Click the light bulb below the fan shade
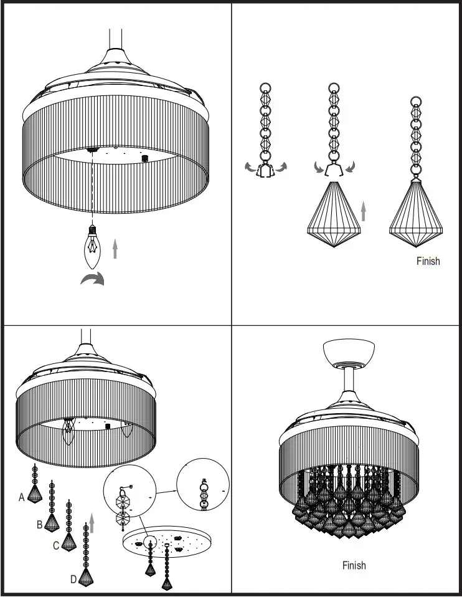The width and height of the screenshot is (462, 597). [x=92, y=247]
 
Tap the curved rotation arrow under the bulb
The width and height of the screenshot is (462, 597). [x=92, y=280]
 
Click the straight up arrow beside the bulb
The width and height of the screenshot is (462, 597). [x=115, y=249]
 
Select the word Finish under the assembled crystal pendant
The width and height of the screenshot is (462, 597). [x=428, y=261]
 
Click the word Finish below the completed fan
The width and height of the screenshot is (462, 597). [x=354, y=565]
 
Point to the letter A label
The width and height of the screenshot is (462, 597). [x=22, y=497]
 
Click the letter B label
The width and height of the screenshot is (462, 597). [x=39, y=525]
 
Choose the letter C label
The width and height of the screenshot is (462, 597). [x=55, y=546]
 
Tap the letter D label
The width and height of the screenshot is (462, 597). [x=73, y=579]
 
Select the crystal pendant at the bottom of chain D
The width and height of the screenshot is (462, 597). [x=86, y=577]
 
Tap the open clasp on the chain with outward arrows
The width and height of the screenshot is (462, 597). [x=266, y=171]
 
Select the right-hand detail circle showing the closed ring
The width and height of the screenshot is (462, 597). [x=202, y=485]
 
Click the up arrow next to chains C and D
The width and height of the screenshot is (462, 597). [x=92, y=523]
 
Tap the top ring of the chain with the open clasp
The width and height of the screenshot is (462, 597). [x=265, y=88]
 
